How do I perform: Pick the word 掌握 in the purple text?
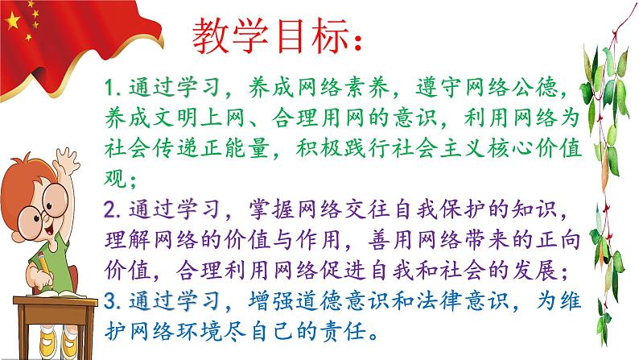[x=270, y=211]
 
